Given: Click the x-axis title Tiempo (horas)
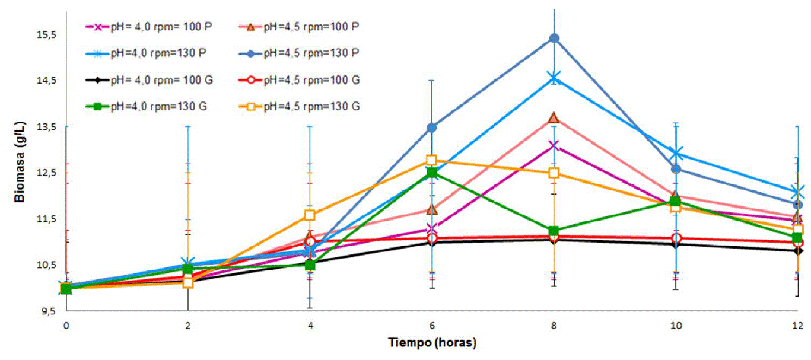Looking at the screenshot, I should [x=432, y=343].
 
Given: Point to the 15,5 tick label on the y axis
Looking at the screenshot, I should [x=46, y=34].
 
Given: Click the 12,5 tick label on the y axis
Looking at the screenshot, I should [x=46, y=173].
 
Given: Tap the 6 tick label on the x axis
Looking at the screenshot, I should [x=432, y=325].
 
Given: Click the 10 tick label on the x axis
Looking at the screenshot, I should [x=676, y=325].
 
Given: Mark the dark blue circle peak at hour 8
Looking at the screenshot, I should [x=554, y=39].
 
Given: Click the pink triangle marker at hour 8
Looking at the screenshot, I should [x=554, y=117].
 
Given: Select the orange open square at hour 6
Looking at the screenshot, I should [x=432, y=160].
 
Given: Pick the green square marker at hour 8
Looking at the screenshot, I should [x=554, y=231].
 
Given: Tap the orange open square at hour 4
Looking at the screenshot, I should [x=310, y=215].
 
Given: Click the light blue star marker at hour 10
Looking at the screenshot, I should [x=676, y=154].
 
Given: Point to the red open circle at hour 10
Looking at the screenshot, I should [x=676, y=238].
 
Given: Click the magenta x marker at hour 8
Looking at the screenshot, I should [x=554, y=145].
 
